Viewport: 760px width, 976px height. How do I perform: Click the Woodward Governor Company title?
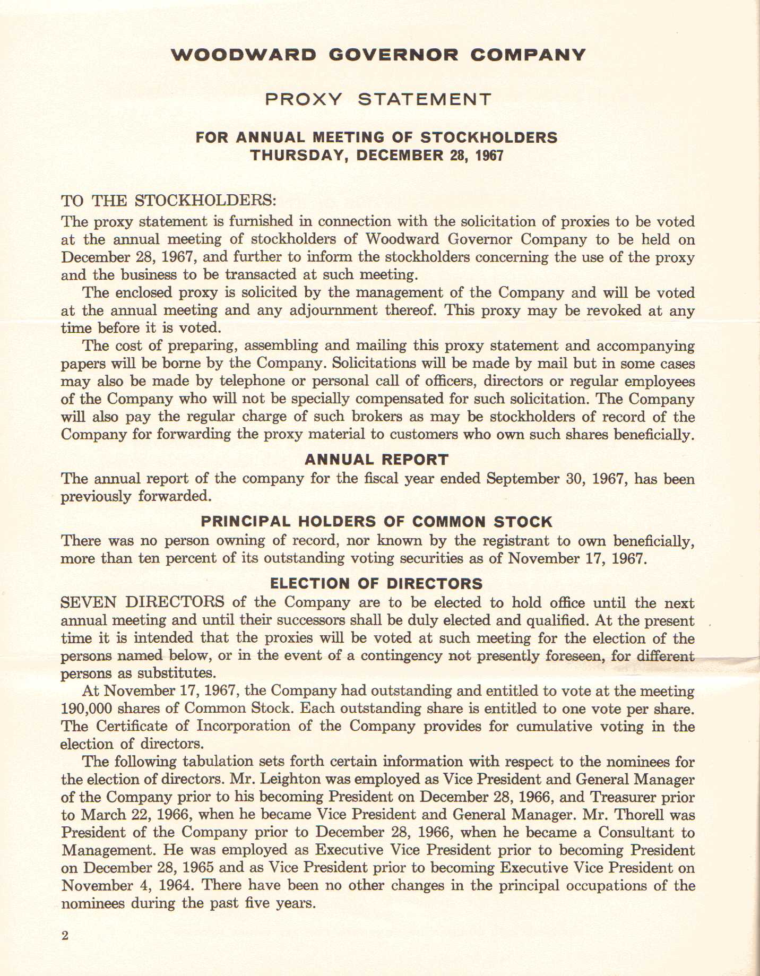(378, 55)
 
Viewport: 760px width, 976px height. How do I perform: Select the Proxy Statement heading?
(378, 99)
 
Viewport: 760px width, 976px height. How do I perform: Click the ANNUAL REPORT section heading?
(377, 460)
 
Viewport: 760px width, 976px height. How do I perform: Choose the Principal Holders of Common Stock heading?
(377, 522)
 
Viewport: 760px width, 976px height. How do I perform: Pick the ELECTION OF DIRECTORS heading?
(377, 584)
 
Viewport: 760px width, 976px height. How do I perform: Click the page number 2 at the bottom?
(65, 936)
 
